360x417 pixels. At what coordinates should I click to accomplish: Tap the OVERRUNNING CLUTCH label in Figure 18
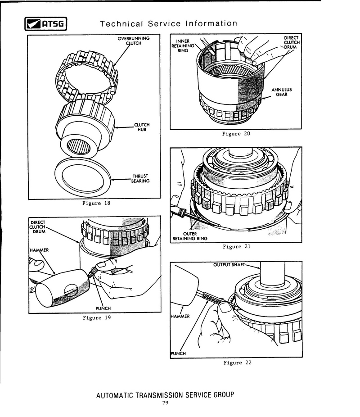[x=134, y=41]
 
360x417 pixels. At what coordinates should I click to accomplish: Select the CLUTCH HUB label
[x=142, y=127]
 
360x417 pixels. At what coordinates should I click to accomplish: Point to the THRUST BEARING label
[x=140, y=179]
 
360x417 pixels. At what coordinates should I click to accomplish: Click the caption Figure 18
[x=96, y=203]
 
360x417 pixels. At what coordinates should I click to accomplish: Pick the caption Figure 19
[x=96, y=318]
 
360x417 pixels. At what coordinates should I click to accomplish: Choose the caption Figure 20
[x=236, y=134]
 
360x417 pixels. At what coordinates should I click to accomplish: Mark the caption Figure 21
[x=236, y=246]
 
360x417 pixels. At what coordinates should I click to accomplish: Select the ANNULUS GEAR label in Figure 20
[x=282, y=92]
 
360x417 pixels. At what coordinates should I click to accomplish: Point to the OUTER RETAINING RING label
[x=189, y=236]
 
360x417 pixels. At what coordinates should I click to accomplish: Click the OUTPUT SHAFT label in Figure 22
[x=229, y=265]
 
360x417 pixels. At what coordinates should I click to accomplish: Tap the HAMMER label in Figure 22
[x=180, y=316]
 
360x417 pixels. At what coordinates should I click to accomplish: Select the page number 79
[x=165, y=403]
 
